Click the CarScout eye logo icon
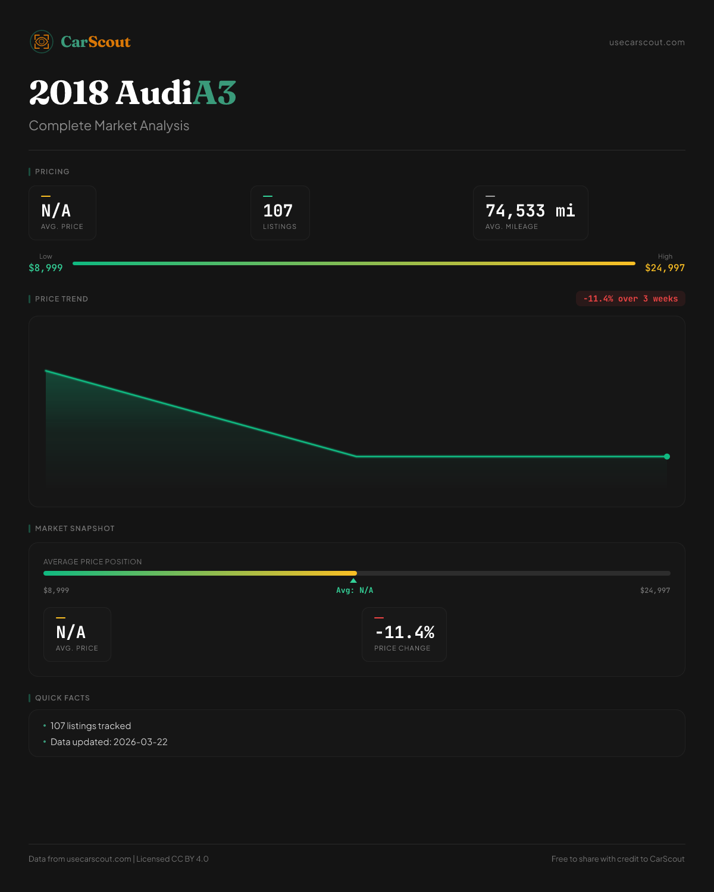pos(42,42)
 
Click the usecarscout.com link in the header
pos(647,42)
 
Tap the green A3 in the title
pos(214,93)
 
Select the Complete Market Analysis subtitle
pos(109,125)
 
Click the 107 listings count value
pos(278,211)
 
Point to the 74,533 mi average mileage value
pos(530,211)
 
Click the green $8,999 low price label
pos(46,268)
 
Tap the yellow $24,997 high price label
pos(665,268)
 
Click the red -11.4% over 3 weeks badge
pos(630,299)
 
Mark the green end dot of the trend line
pos(667,457)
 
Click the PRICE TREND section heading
pos(61,299)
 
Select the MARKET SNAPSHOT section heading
pos(74,529)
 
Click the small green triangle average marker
pos(353,580)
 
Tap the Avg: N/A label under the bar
pos(355,591)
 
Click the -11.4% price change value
pos(405,632)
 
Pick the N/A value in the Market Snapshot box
pos(71,632)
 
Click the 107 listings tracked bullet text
pos(90,726)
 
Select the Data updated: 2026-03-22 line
pos(109,742)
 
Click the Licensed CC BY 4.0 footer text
pos(173,859)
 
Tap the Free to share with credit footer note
pos(618,859)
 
